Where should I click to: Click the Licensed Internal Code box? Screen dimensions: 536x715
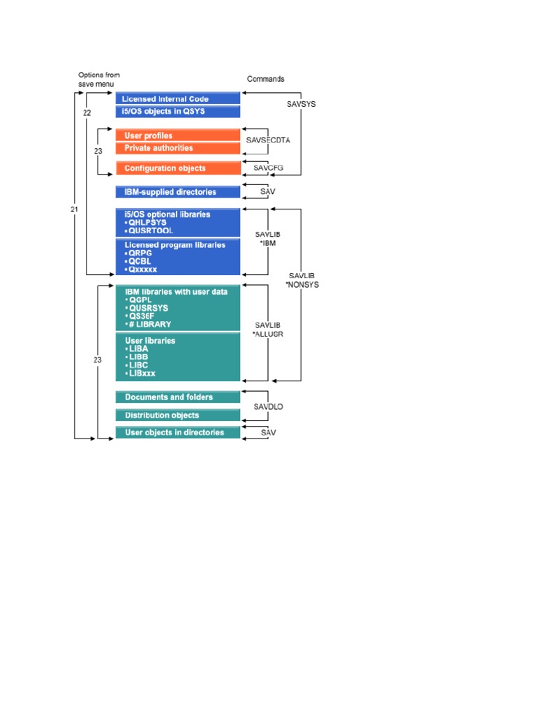pos(178,99)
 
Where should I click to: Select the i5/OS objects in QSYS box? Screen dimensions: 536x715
pos(178,111)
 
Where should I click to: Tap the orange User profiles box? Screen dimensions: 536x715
pos(178,135)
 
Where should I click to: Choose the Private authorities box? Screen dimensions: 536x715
pos(178,148)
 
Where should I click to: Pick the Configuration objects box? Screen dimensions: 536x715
pos(178,168)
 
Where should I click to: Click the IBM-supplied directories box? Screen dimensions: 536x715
pos(178,192)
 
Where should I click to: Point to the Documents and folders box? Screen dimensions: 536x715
pos(178,397)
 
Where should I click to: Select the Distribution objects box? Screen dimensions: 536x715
pos(178,415)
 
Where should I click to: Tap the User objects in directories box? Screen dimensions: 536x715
pos(178,432)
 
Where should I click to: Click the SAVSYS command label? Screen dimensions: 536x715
pos(301,104)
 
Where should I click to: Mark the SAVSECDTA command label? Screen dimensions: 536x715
pos(268,140)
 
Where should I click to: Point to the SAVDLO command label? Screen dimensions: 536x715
pos(267,405)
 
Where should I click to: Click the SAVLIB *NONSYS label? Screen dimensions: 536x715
pos(301,281)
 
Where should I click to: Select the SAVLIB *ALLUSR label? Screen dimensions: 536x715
pos(268,330)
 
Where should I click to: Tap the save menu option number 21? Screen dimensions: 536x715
pos(74,209)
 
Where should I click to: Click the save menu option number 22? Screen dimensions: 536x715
pos(87,112)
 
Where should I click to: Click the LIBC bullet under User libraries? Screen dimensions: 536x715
pos(138,365)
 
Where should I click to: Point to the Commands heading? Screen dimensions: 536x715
pos(266,79)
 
